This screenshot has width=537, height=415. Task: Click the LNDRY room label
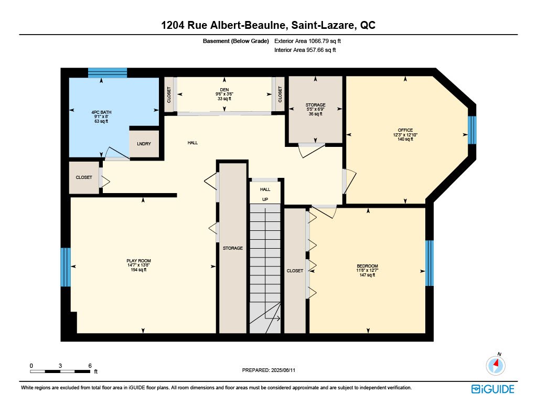(x=144, y=144)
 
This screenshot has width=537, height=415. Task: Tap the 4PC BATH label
(x=101, y=112)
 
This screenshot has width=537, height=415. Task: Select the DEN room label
(x=224, y=90)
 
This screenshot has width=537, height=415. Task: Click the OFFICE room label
(x=405, y=130)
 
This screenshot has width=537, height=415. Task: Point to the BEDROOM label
(x=367, y=266)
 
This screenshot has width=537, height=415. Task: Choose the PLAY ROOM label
(x=138, y=261)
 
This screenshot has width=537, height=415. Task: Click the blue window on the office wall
(x=472, y=130)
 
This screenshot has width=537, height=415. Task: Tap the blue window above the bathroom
(x=108, y=72)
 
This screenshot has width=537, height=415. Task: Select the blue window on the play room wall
(x=66, y=267)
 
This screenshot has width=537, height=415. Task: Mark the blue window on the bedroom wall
(x=429, y=263)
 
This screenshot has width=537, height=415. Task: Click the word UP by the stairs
(x=265, y=199)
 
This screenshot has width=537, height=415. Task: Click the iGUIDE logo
(x=493, y=389)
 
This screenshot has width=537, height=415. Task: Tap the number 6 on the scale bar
(x=90, y=366)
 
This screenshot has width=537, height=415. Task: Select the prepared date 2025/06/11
(x=283, y=370)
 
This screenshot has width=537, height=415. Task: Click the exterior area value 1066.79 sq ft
(x=325, y=41)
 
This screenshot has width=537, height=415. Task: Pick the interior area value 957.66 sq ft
(x=321, y=50)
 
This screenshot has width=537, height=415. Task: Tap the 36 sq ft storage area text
(x=315, y=114)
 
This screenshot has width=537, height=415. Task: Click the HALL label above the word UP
(x=265, y=189)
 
